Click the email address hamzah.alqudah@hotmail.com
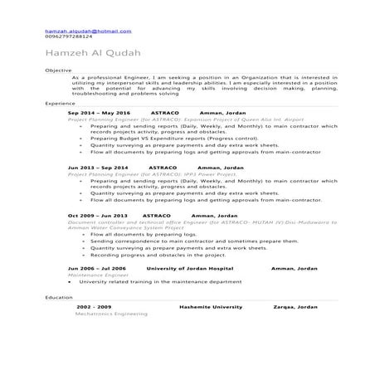coord(88,31)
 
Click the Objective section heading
coord(58,71)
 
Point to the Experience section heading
coord(61,104)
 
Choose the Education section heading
coord(59,296)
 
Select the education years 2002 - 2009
coord(93,306)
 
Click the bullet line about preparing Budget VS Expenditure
coord(166,138)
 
